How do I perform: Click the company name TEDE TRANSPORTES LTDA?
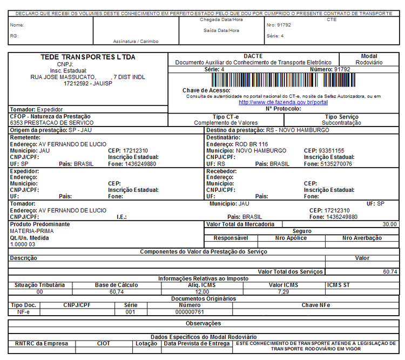(x=88, y=57)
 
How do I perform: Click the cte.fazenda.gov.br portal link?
(x=283, y=102)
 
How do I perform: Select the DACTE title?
(x=253, y=56)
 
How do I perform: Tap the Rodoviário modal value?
(x=369, y=63)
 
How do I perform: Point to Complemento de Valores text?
(x=226, y=123)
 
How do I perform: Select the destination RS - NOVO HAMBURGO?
(x=298, y=130)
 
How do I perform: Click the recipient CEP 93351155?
(x=332, y=151)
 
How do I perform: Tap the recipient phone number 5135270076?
(x=336, y=164)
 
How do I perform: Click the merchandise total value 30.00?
(x=389, y=224)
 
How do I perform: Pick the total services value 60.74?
(x=389, y=272)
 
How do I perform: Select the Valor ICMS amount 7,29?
(x=283, y=292)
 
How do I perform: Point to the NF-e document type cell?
(x=24, y=312)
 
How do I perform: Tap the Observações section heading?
(x=203, y=323)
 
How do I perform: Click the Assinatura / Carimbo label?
(x=136, y=42)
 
